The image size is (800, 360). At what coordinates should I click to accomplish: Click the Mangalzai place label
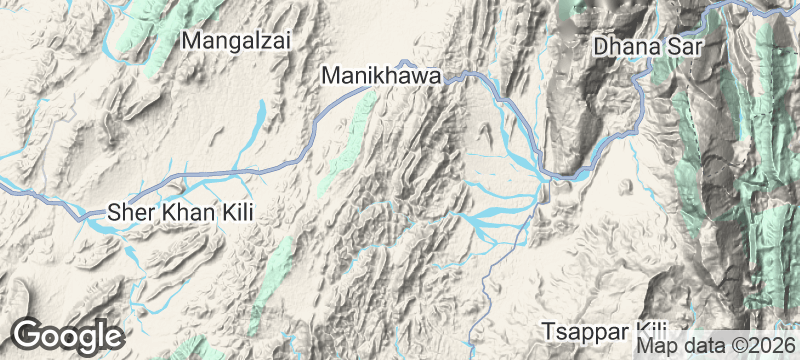[x=235, y=41]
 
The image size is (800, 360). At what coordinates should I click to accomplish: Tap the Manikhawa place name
[x=383, y=75]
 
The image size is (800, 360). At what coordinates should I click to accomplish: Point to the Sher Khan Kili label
[x=181, y=212]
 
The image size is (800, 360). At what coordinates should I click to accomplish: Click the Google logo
[x=67, y=335]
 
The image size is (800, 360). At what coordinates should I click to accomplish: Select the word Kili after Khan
[x=238, y=212]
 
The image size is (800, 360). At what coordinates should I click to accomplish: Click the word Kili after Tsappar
[x=649, y=330]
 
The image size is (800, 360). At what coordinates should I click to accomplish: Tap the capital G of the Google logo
[x=29, y=335]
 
